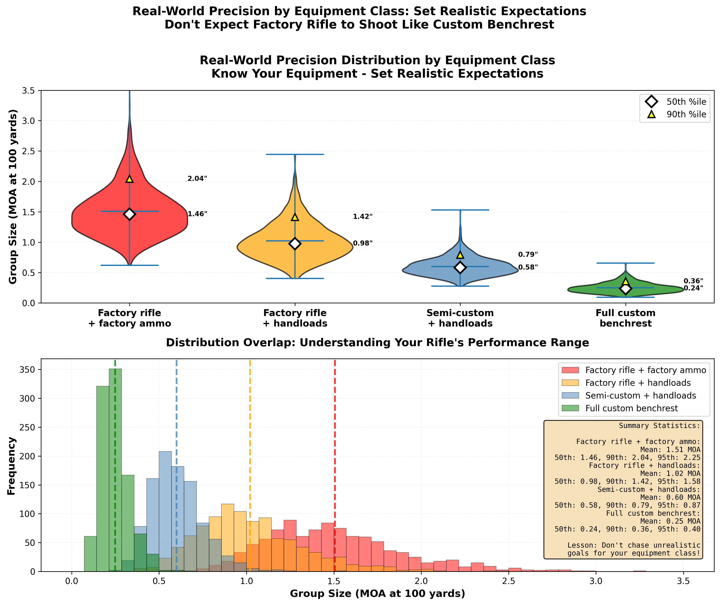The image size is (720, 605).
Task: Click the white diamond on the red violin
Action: click(x=129, y=214)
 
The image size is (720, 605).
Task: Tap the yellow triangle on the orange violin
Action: click(x=295, y=217)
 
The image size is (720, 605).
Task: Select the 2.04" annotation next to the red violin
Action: click(x=197, y=179)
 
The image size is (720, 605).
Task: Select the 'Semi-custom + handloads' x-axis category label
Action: click(x=460, y=318)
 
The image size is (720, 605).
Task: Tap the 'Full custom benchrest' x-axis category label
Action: click(x=625, y=318)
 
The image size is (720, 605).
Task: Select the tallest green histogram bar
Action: click(x=115, y=470)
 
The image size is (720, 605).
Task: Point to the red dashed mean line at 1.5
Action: click(x=335, y=446)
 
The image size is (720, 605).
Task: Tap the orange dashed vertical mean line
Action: click(x=250, y=446)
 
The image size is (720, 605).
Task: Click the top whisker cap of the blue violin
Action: click(x=460, y=210)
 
